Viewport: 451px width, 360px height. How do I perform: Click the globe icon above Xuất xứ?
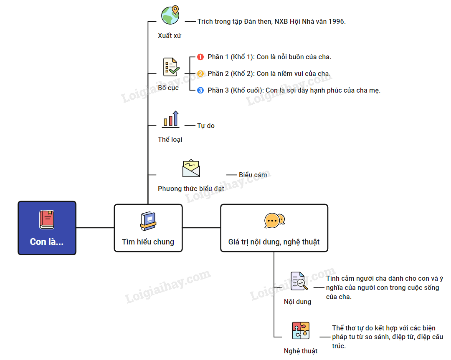[x=170, y=15]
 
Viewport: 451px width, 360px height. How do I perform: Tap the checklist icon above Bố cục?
[x=171, y=67]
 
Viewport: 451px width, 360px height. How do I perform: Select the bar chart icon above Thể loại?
[x=171, y=119]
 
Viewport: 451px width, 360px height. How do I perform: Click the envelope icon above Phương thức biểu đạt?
[x=191, y=169]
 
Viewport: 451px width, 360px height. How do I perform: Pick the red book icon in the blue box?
[x=47, y=220]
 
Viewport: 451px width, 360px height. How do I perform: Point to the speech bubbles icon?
[x=274, y=220]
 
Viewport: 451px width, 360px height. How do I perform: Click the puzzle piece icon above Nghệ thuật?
[x=301, y=330]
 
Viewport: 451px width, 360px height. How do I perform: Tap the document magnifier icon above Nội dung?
[x=299, y=281]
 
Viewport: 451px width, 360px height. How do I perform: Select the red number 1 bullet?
[x=200, y=57]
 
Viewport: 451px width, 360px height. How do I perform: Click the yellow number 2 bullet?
[x=200, y=74]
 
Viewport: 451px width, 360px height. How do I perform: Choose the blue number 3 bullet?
[x=200, y=90]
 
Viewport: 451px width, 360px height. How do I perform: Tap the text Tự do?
[x=206, y=126]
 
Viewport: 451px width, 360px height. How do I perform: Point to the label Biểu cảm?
[x=253, y=175]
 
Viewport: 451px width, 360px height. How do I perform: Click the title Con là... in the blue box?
[x=47, y=242]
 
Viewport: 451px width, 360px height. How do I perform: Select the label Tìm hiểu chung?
[x=148, y=242]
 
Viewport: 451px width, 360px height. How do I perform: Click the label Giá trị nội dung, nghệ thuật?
[x=274, y=242]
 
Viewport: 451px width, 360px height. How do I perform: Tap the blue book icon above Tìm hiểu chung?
[x=148, y=221]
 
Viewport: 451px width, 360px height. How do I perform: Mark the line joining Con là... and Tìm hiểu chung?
[x=95, y=228]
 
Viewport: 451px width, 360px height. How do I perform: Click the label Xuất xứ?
[x=170, y=35]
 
